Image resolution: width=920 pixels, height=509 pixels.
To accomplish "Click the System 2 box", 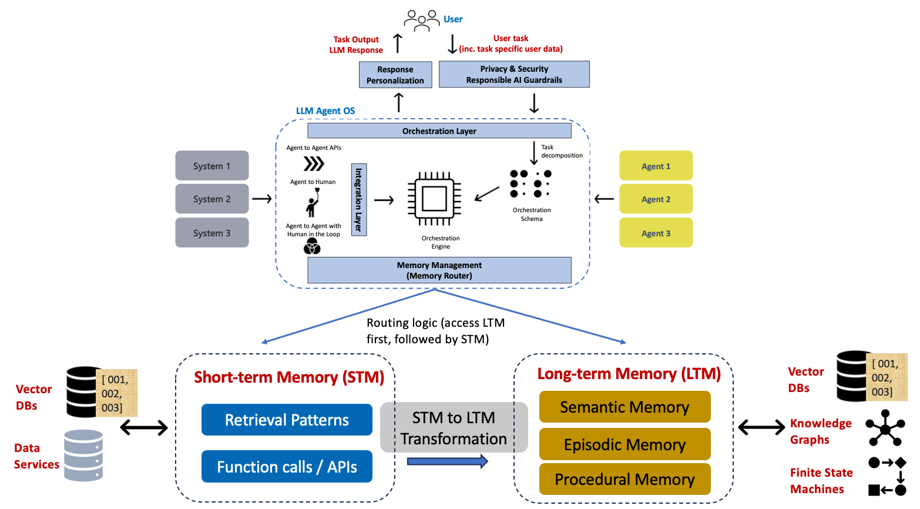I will (211, 199).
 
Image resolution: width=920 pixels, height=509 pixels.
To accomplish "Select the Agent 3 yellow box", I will (656, 233).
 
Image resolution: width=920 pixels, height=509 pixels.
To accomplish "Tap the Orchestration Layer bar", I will (439, 130).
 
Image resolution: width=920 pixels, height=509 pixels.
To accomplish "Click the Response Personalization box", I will (395, 75).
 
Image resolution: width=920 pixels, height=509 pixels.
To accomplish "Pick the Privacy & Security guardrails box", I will (514, 75).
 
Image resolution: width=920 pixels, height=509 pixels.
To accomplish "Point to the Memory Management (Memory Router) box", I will (439, 270).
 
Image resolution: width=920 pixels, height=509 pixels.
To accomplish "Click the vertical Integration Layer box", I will (359, 199).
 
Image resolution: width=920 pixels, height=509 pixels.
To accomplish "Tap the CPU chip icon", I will (434, 199).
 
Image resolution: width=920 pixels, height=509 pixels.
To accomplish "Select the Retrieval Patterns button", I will (287, 420).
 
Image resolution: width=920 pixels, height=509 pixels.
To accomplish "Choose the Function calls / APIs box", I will (287, 467).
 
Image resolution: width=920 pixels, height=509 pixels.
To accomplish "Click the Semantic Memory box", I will (624, 407).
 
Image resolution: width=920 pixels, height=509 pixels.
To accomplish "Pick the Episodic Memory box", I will (624, 444).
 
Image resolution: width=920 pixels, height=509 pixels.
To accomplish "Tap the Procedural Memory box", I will (624, 480).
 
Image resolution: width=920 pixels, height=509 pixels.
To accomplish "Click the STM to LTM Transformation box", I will (454, 427).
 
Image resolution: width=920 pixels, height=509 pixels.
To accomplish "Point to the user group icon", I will (421, 20).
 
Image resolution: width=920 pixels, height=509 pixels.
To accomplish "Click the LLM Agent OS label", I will (325, 111).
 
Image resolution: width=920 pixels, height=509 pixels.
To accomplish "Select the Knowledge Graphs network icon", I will (885, 428).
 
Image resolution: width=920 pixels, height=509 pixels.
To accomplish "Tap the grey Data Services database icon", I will (83, 456).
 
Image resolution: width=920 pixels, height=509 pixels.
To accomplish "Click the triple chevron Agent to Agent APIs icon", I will (314, 163).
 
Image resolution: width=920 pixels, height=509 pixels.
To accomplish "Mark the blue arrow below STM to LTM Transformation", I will (447, 461).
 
